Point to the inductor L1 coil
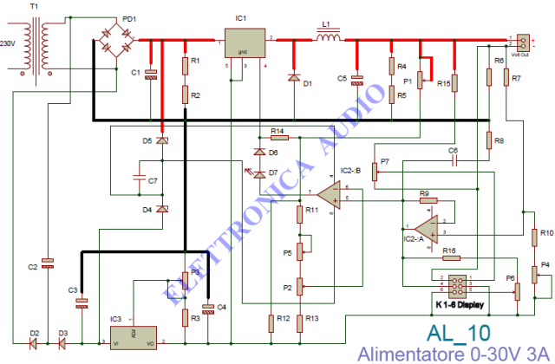tap(329, 38)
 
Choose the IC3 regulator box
tap(132, 335)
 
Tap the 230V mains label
tap(8, 43)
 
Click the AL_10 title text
tap(458, 335)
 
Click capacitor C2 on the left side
tap(48, 260)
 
